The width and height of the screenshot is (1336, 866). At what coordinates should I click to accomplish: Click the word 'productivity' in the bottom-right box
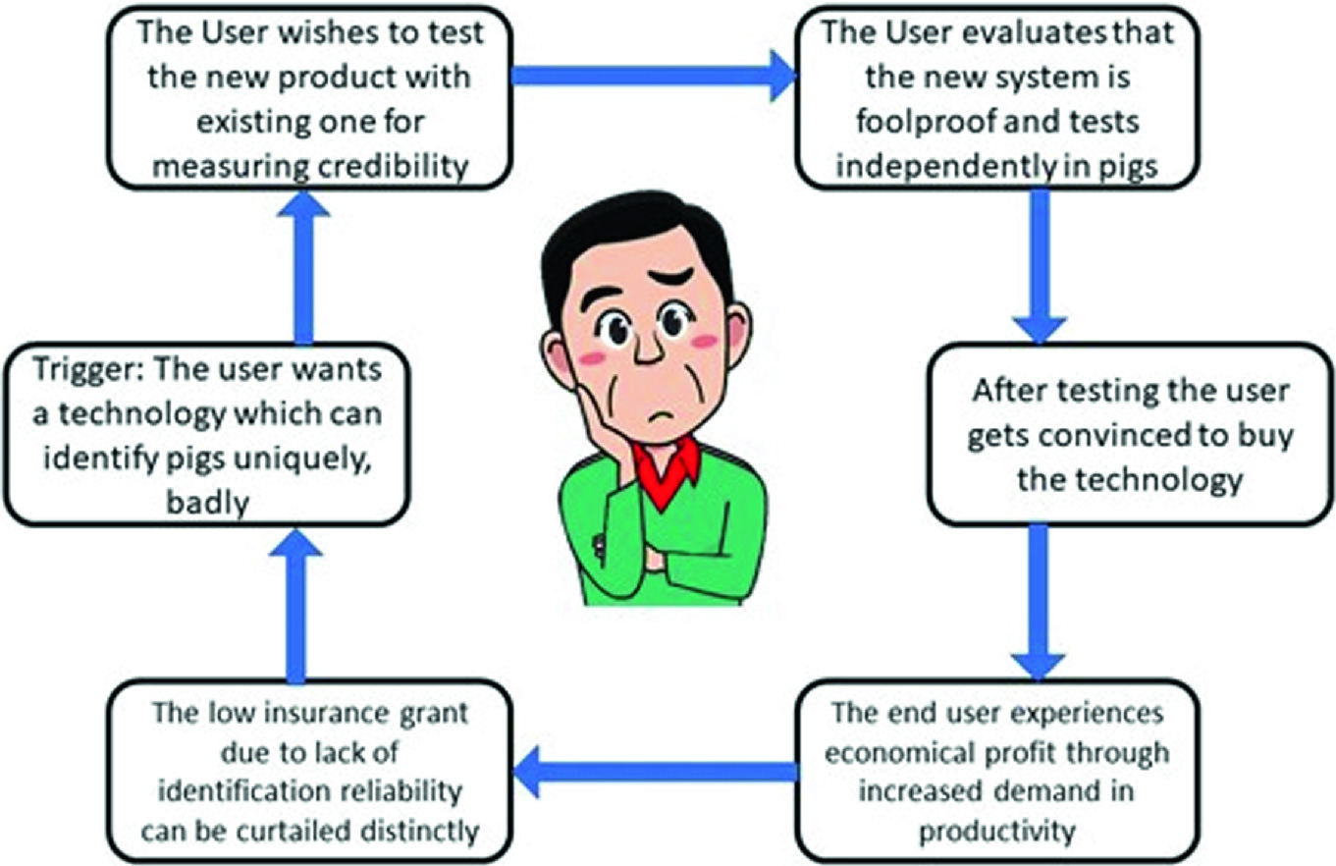pos(990,831)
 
